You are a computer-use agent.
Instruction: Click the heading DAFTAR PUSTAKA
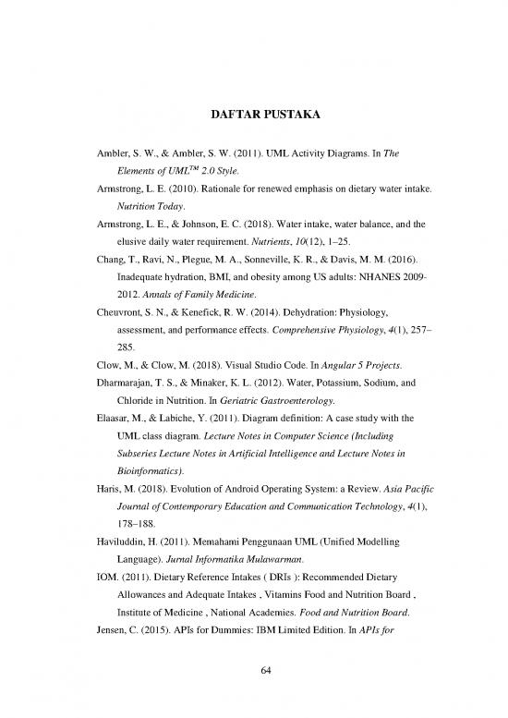253,117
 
